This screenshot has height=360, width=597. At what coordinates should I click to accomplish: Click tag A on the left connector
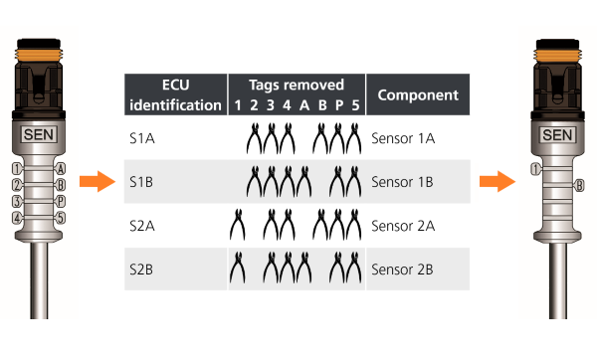point(62,169)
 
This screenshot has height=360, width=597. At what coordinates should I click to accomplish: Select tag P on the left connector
point(62,201)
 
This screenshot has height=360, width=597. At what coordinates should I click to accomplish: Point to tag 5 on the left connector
point(62,218)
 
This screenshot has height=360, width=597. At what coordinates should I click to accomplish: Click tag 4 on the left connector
point(17,218)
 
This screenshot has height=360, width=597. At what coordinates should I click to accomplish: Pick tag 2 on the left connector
point(17,185)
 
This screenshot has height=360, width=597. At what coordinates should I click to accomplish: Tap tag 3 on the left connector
point(17,201)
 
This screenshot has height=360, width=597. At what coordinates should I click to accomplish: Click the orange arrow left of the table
point(94,181)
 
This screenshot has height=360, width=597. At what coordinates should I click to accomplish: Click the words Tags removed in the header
point(297,85)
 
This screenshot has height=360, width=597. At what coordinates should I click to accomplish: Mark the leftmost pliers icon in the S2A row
point(238,226)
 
